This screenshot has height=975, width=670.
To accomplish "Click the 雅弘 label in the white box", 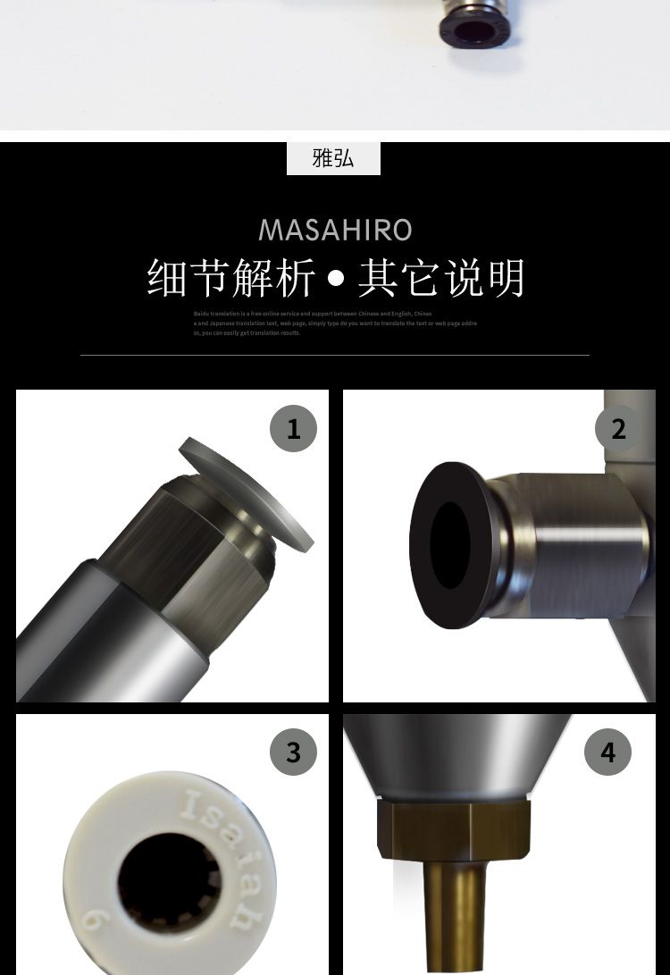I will [x=333, y=158].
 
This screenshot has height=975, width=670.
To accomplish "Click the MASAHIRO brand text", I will [x=335, y=230].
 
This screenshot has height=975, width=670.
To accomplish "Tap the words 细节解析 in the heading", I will [x=231, y=278].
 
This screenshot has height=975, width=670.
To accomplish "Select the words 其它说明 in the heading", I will [x=441, y=278].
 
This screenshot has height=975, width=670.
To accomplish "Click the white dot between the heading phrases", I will [x=336, y=279].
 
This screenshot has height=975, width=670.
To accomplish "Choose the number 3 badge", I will [x=293, y=752].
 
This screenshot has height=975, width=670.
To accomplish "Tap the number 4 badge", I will [x=607, y=752].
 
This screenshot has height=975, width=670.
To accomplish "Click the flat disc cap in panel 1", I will [x=247, y=493].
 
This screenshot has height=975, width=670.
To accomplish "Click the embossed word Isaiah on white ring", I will [x=220, y=853].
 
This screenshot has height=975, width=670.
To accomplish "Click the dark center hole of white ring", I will [x=161, y=880].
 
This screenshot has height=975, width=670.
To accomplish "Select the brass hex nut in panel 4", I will [x=453, y=830].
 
